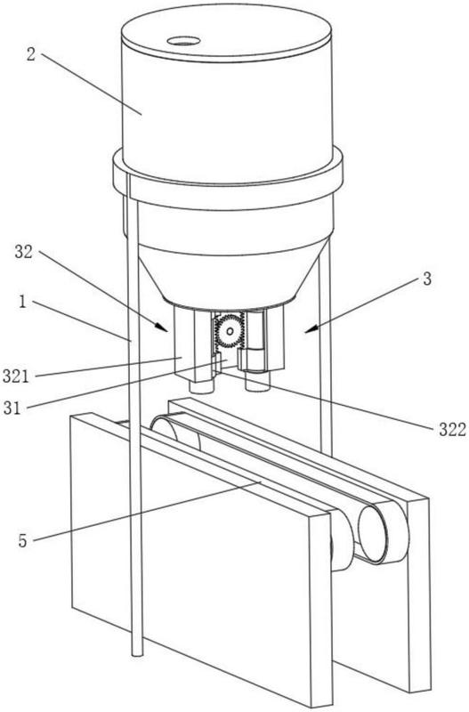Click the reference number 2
point(31,54)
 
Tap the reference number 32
point(24,252)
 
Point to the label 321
point(16,376)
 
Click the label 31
point(12,409)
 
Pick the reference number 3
point(427,279)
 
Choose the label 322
point(452,429)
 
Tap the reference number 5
point(23,541)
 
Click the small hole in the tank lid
point(183,41)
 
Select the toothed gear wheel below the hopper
point(230,331)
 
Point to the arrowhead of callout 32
point(163,328)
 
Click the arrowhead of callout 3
point(309,330)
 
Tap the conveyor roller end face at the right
point(373,534)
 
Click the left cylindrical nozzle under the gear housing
point(202,387)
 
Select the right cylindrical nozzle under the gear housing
point(257,383)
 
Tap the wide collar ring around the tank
point(228,178)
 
